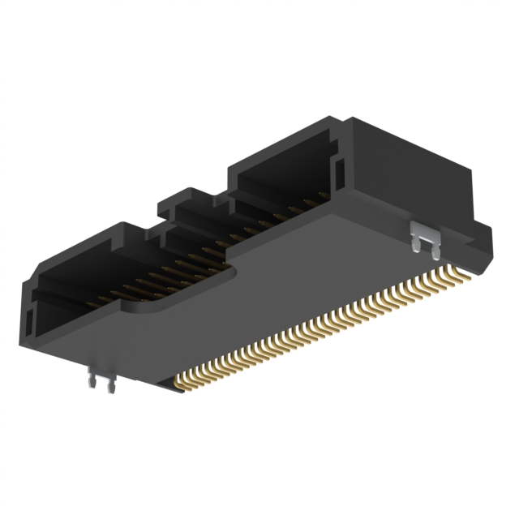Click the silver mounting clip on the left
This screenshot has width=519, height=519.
tap(99, 378)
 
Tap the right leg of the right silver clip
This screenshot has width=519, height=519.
tap(434, 241)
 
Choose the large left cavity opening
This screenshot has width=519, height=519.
tap(89, 284)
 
